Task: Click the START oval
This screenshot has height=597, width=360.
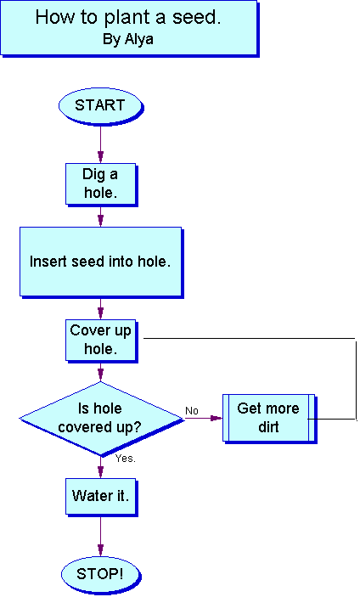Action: point(100,105)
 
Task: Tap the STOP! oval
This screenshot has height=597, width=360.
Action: point(100,574)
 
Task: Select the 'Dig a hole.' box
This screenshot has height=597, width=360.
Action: point(101,184)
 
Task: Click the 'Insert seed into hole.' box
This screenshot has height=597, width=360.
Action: point(101,262)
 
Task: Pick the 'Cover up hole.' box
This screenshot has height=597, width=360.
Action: point(101,341)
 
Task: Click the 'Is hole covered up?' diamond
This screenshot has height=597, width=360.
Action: point(101,419)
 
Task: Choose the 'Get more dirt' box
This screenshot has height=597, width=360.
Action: point(269,418)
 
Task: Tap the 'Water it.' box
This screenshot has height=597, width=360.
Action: point(101,497)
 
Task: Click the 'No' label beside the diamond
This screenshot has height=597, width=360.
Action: point(192,411)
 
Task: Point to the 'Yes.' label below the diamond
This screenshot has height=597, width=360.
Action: point(126,459)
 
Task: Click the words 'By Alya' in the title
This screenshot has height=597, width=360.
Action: point(128,39)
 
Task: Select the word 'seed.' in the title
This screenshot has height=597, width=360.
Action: point(196,18)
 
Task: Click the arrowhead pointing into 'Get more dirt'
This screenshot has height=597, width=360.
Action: point(217,419)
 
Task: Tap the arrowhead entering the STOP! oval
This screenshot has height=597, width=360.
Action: point(100,550)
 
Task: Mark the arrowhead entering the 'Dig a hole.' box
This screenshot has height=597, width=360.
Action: point(100,157)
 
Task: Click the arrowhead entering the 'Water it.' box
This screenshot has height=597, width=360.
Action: point(100,472)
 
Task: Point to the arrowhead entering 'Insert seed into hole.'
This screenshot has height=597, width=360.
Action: point(100,221)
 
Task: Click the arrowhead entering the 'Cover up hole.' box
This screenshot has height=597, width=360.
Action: point(100,313)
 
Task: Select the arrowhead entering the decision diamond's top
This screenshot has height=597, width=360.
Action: point(100,375)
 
